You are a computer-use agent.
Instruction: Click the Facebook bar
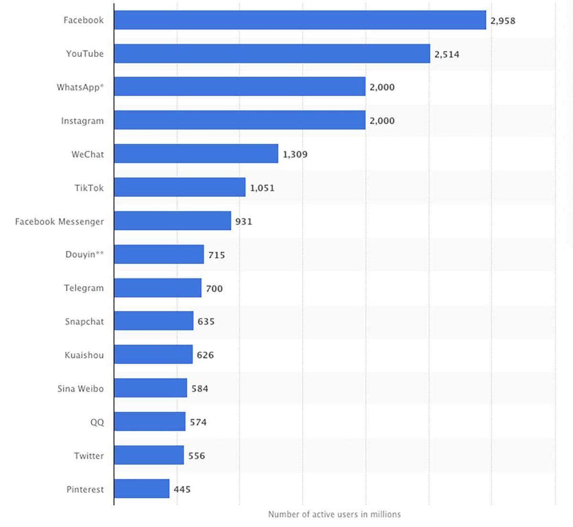click(300, 20)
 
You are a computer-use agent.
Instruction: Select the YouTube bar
click(272, 54)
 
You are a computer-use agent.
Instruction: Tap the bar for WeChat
click(196, 154)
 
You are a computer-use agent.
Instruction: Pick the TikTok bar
click(180, 187)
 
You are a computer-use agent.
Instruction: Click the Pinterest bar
click(141, 489)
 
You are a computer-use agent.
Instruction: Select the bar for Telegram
click(158, 288)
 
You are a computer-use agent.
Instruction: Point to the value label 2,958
click(503, 21)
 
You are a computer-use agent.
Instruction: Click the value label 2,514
click(447, 54)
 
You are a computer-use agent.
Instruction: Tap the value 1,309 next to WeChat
click(295, 154)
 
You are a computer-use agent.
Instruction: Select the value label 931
click(244, 221)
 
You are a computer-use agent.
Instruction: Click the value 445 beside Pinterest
click(182, 489)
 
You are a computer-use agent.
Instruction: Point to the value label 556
click(196, 456)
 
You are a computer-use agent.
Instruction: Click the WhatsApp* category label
click(80, 87)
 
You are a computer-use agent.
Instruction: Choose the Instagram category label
click(82, 121)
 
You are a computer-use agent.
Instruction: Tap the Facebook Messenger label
click(59, 221)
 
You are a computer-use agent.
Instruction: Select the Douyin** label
click(85, 255)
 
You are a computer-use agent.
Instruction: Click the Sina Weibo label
click(80, 388)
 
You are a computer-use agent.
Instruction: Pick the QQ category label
click(97, 422)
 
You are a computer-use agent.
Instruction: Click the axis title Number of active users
click(334, 515)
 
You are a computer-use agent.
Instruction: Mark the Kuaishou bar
click(153, 355)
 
